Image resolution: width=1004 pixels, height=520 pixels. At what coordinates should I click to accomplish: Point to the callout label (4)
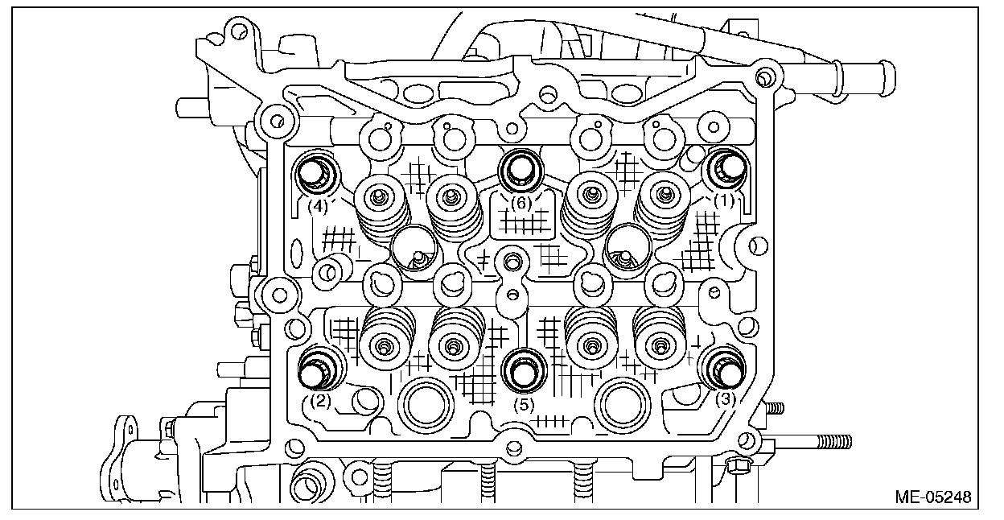319,206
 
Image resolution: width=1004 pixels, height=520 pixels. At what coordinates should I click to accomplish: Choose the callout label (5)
524,405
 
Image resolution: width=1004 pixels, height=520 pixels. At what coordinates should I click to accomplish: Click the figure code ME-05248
932,496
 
